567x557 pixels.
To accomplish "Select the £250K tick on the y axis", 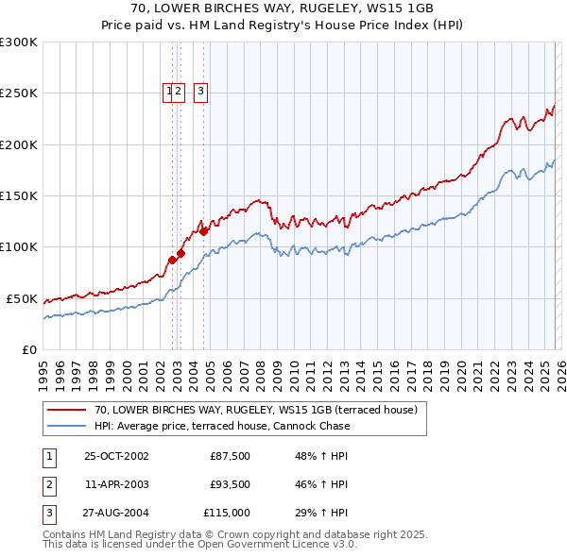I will click(x=19, y=93).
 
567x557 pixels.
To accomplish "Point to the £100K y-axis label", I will click(x=19, y=246).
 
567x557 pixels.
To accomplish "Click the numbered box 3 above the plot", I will click(x=201, y=92).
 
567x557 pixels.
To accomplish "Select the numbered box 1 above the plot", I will click(x=169, y=92).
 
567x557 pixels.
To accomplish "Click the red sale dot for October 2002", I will click(x=173, y=260).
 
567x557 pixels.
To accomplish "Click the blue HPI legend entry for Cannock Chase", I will click(x=222, y=426).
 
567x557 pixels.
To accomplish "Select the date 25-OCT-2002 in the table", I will click(x=116, y=456).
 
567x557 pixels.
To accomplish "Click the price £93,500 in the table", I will click(x=230, y=484).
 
